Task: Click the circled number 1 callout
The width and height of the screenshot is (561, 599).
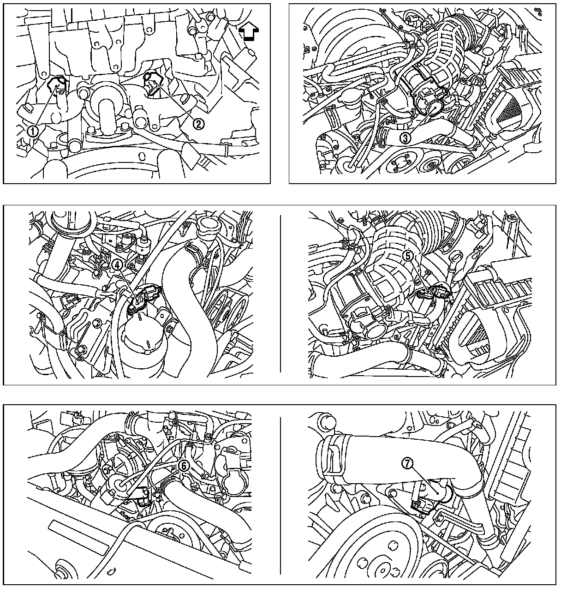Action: click(x=33, y=131)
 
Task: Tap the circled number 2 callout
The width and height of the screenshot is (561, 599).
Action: click(x=198, y=124)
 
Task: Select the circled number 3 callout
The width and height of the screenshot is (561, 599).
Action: click(x=406, y=138)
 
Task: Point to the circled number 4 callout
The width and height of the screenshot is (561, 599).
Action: click(x=117, y=265)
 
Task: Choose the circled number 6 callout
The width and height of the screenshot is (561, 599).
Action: click(x=184, y=466)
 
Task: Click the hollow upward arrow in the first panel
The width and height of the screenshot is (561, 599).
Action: click(x=249, y=32)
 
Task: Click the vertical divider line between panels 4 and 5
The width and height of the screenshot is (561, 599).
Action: click(x=280, y=294)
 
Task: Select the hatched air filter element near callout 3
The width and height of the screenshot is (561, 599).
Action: click(x=513, y=115)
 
